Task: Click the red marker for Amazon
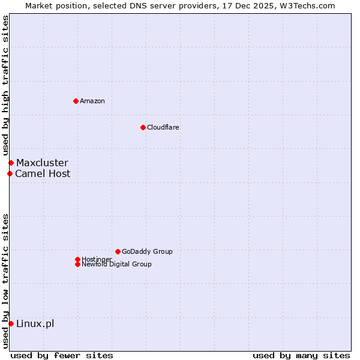tap(76, 101)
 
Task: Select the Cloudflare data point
tap(143, 127)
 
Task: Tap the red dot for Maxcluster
tap(11, 163)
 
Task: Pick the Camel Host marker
tap(10, 174)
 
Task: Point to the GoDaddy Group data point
tap(118, 251)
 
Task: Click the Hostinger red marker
tap(77, 259)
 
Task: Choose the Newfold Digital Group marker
tap(77, 264)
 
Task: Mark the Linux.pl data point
tap(11, 324)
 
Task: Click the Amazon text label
tap(92, 101)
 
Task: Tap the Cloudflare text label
tap(163, 127)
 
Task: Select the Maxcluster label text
tap(42, 163)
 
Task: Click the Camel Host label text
tap(43, 174)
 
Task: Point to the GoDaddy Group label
tap(147, 251)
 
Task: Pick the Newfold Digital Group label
tap(116, 264)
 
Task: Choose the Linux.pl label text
tap(35, 324)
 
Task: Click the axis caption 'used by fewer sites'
tap(62, 355)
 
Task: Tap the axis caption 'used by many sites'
tap(301, 355)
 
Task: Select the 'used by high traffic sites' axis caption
tap(5, 85)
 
